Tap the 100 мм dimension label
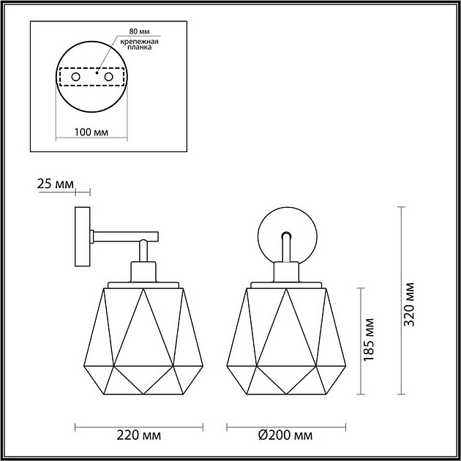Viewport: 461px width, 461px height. pyautogui.click(x=91, y=132)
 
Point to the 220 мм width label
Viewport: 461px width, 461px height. pyautogui.click(x=139, y=436)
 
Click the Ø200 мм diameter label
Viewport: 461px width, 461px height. pyautogui.click(x=285, y=436)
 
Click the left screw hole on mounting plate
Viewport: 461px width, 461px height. pyautogui.click(x=73, y=76)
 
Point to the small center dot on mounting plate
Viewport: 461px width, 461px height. pyautogui.click(x=96, y=72)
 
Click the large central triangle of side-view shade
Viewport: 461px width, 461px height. pyautogui.click(x=144, y=329)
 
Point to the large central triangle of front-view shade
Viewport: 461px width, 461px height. pyautogui.click(x=285, y=329)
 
